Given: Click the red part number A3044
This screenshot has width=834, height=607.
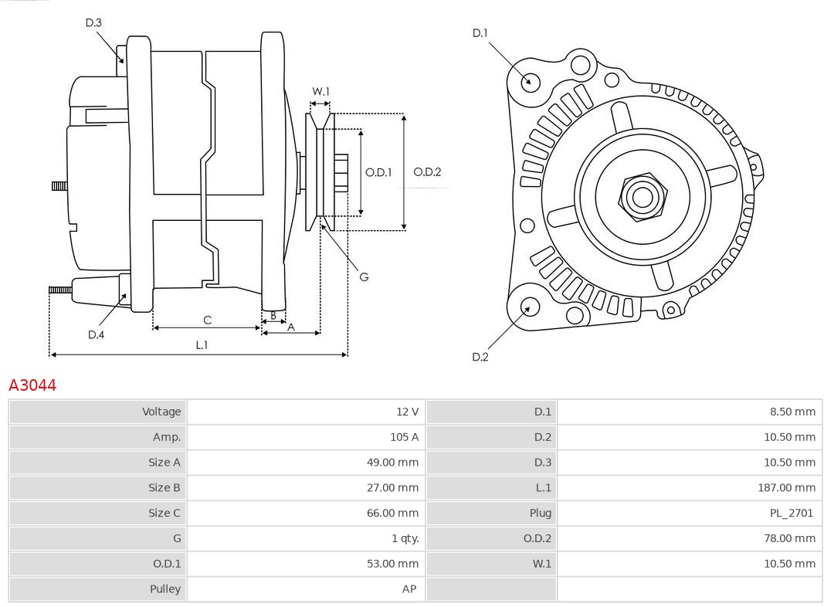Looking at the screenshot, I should [x=32, y=385].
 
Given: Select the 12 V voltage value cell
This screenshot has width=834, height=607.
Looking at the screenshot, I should [x=407, y=412].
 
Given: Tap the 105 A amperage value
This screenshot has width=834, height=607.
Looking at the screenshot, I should [x=404, y=437].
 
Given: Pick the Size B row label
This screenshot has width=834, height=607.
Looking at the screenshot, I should [x=164, y=487].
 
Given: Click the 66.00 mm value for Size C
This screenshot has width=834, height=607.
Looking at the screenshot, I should [x=392, y=513].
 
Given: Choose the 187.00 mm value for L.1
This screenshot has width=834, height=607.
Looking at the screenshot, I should [x=786, y=487].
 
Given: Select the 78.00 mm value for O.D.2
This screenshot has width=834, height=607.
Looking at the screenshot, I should [x=789, y=538].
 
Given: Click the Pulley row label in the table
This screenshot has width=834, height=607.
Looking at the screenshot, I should [x=164, y=588].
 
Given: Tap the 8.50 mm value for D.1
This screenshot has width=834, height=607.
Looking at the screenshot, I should [x=792, y=412].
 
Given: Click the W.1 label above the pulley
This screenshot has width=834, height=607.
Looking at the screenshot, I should [x=320, y=91].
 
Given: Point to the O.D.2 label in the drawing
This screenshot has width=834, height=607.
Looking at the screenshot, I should [x=427, y=172].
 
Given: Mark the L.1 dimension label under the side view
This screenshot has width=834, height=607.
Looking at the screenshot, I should [x=202, y=345].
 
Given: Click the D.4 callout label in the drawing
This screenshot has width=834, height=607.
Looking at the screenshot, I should [x=96, y=334].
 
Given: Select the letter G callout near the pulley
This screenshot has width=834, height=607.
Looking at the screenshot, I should [x=364, y=276].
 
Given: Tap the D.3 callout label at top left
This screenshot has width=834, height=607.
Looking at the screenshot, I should [x=93, y=22].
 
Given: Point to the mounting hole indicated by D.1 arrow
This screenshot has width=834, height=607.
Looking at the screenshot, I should [x=531, y=81].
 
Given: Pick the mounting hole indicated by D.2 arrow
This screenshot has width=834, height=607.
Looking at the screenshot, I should [x=529, y=307].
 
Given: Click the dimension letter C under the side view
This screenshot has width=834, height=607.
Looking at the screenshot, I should [x=207, y=320].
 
